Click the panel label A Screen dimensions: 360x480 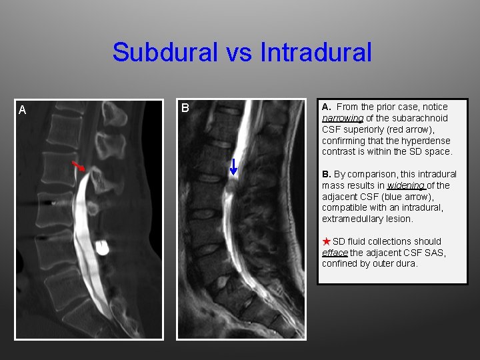point(22,110)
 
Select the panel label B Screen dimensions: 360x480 point(185,108)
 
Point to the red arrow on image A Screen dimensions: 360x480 point(79,165)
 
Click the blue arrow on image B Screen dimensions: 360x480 point(233,167)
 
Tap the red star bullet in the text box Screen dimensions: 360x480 point(327,241)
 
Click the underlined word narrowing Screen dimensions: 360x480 point(343,118)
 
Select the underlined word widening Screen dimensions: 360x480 point(406,185)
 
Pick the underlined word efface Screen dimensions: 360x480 point(335,253)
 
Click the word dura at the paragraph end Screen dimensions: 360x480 point(408,263)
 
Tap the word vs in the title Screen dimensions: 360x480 point(241,52)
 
